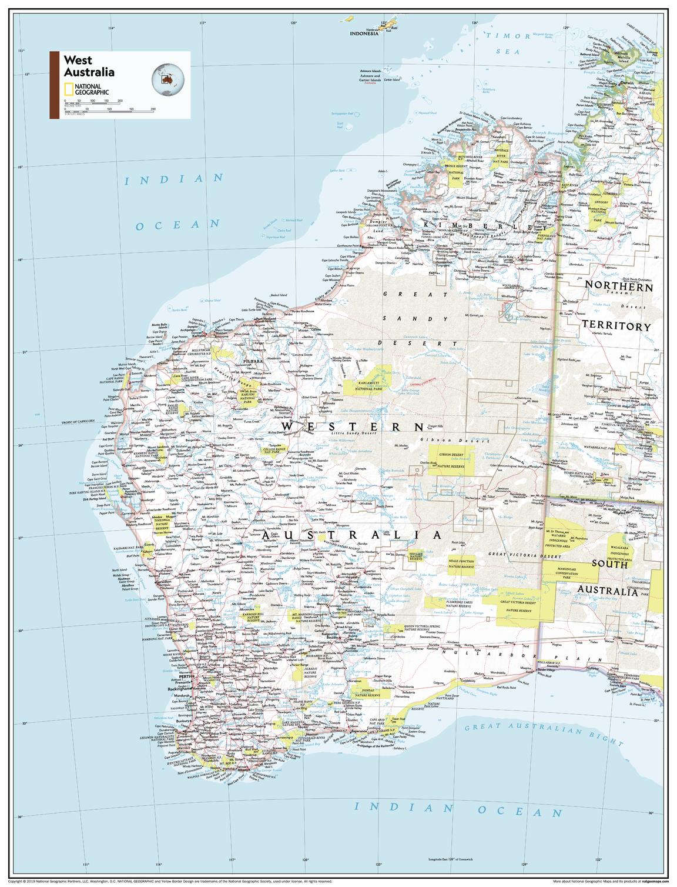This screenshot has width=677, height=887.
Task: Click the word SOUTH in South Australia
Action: pyautogui.click(x=609, y=564)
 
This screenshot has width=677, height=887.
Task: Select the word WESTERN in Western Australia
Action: pyautogui.click(x=352, y=426)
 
